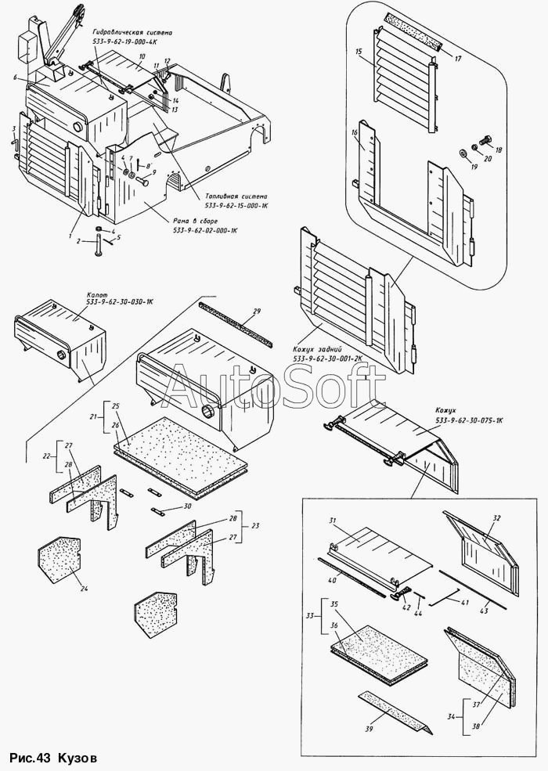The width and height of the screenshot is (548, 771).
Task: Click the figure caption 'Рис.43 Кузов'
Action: coord(54,758)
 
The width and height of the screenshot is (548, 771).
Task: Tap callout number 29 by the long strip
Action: coord(255,312)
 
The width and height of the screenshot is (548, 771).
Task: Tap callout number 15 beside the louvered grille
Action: coord(358,52)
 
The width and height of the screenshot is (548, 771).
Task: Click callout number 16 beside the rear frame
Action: coord(355,133)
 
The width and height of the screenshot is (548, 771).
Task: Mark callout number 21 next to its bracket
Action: coord(94,416)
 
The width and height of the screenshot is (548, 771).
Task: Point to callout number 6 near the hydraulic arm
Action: coord(14,77)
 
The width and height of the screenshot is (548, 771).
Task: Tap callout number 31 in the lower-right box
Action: coord(333,521)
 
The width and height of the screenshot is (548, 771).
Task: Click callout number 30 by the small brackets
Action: coord(187,506)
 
